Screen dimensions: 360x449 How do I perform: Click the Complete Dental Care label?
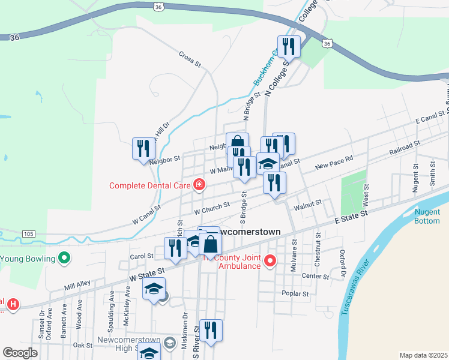point(150,185)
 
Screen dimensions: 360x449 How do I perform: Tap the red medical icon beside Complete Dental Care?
point(199,185)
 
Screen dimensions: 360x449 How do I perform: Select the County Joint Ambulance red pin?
point(270,260)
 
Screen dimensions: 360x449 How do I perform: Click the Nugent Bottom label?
point(427,216)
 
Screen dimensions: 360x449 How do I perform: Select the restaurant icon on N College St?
point(288,47)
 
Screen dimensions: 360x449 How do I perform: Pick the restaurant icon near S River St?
point(211,330)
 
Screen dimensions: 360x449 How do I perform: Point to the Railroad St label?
point(404,148)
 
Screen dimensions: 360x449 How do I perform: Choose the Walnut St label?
point(308,206)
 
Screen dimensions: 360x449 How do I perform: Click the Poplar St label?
point(296,294)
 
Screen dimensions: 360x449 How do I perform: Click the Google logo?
point(20,353)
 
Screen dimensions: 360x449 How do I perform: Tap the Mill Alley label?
point(77,284)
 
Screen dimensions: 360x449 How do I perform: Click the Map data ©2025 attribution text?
point(423,355)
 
